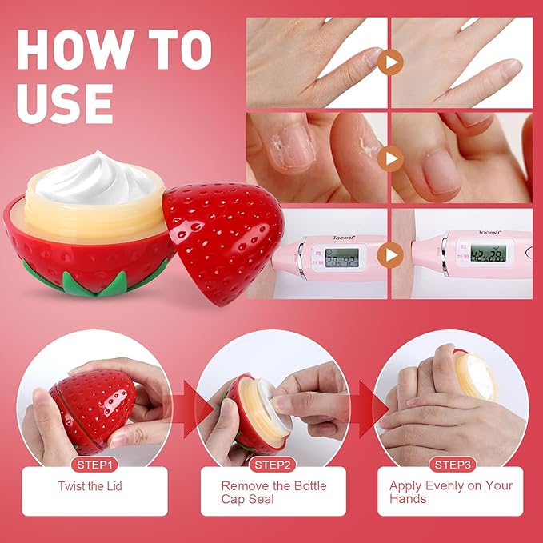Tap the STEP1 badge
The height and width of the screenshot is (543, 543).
point(94,465)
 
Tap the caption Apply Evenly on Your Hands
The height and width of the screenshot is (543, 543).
point(450,492)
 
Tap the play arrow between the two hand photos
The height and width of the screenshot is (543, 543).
point(389,62)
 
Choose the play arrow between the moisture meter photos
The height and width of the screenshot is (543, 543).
point(389,255)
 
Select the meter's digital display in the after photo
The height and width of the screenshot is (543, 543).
point(486,254)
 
